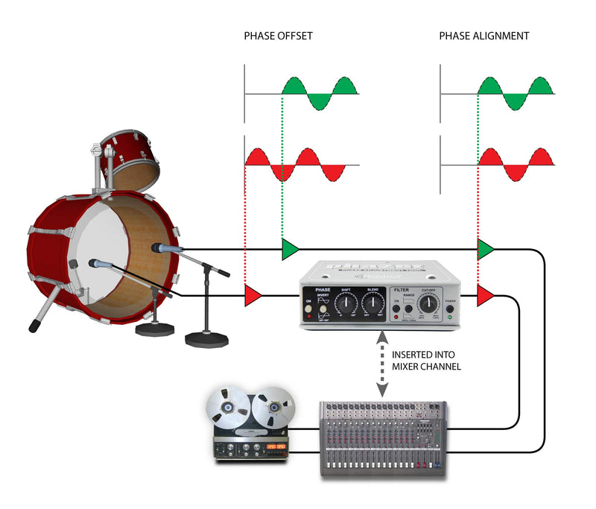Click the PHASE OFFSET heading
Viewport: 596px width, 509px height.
(278, 35)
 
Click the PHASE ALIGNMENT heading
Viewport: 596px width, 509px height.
(484, 35)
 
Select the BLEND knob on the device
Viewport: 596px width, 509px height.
(372, 303)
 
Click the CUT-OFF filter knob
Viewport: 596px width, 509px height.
(428, 303)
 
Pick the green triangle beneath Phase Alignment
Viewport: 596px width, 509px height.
(486, 250)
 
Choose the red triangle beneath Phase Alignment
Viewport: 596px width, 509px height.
(486, 296)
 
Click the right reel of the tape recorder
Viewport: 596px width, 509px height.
(273, 408)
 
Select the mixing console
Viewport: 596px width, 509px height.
(383, 440)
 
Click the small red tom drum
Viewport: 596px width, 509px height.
(130, 157)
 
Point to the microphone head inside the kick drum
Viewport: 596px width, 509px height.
(98, 262)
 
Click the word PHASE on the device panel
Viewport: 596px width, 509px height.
(323, 290)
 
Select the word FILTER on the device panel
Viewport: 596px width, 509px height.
(402, 290)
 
